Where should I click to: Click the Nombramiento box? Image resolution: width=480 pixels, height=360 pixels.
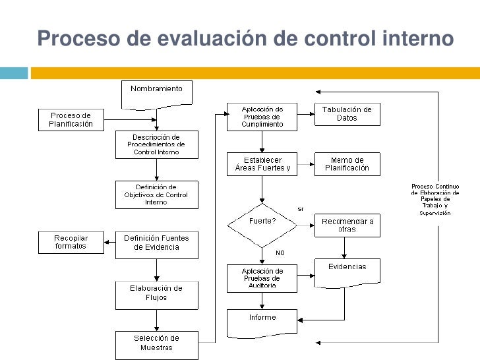tap(156, 92)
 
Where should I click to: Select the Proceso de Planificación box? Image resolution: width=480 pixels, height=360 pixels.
tap(71, 119)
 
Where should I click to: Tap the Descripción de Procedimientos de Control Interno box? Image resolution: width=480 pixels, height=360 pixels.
tap(156, 144)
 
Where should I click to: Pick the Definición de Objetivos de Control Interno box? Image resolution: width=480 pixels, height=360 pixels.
tap(156, 195)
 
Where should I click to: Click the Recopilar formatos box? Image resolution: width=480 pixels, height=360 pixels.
tap(71, 242)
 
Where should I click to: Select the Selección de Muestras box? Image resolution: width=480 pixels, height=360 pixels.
tap(156, 343)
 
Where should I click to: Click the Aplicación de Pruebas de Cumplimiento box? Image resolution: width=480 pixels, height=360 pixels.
tap(262, 116)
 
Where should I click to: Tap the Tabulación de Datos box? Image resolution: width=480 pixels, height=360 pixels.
tap(347, 114)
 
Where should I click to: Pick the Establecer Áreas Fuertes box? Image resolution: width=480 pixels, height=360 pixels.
tap(262, 164)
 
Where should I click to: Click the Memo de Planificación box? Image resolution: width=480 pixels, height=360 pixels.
tap(347, 164)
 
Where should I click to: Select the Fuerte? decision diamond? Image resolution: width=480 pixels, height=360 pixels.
tap(262, 222)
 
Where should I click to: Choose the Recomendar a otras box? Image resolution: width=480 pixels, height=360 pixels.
tap(347, 225)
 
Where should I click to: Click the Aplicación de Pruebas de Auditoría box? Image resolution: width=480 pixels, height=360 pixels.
tap(262, 278)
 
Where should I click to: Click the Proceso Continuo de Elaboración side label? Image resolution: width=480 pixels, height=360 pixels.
tap(431, 199)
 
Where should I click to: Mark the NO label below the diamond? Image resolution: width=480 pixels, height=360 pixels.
tap(280, 252)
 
